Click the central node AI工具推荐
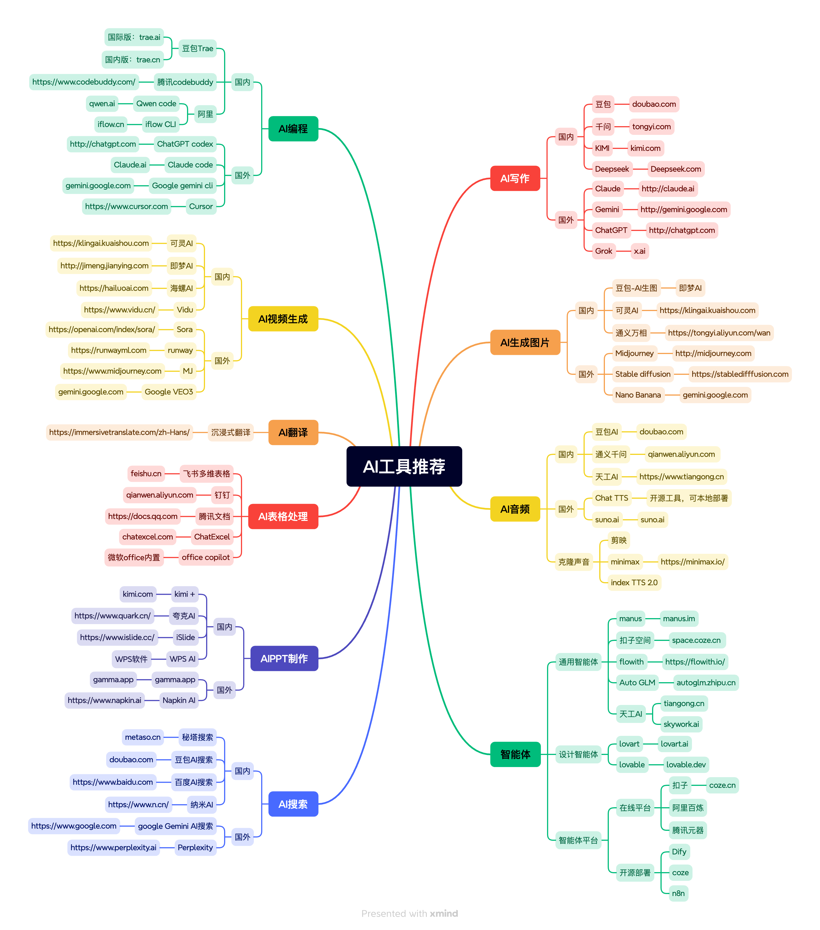tap(404, 466)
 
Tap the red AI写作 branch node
tap(514, 178)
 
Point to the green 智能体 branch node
tap(515, 754)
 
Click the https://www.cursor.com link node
tap(126, 207)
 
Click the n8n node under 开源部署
tap(678, 893)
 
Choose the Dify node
tap(679, 852)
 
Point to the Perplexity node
tap(195, 847)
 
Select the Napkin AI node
tap(179, 700)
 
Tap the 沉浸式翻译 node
tap(231, 432)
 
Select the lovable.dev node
tap(686, 765)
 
